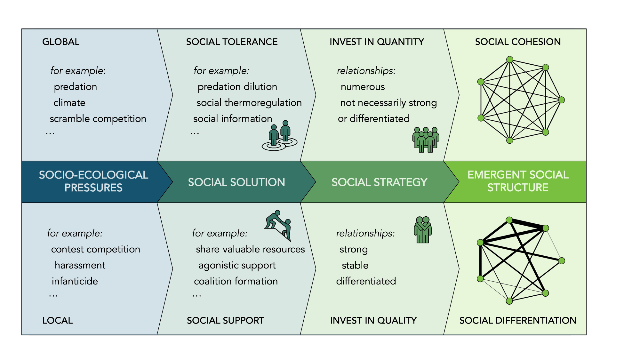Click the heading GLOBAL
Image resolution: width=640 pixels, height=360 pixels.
61,42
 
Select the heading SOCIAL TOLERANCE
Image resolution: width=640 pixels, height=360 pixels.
232,42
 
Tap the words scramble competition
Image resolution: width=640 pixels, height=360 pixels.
98,119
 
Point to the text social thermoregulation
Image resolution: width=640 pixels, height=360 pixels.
249,103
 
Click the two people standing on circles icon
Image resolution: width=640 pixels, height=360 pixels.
279,136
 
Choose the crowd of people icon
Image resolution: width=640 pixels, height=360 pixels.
426,140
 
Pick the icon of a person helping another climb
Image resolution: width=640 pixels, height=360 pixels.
278,225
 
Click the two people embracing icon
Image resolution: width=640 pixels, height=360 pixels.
423,230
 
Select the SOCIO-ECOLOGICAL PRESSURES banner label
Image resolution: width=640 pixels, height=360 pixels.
93,181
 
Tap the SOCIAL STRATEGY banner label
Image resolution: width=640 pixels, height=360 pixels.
380,182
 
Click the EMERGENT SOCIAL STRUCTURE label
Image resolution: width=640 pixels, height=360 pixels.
518,181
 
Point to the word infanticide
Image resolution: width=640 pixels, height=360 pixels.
75,281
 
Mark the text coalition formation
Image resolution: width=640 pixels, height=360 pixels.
236,281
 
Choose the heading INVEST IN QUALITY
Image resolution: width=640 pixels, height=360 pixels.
373,321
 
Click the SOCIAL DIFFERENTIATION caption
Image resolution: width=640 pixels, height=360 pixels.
518,321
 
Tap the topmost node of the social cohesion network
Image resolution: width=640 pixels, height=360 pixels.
510,60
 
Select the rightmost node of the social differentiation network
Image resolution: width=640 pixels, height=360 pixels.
562,261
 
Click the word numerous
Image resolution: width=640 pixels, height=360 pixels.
363,87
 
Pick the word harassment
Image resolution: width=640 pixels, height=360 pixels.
80,265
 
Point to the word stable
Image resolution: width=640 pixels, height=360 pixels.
355,265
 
